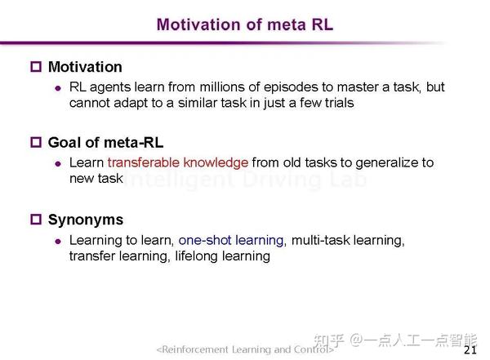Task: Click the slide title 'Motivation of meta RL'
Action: coord(245,24)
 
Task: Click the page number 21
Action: coord(470,350)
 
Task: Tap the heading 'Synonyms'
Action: coord(86,220)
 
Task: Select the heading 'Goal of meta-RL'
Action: coord(99,142)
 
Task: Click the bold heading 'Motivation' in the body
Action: coord(85,67)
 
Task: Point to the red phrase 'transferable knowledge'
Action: coord(177,162)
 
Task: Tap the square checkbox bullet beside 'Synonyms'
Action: coord(35,220)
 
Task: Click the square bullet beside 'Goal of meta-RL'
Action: coord(35,142)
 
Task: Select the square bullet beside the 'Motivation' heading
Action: coord(35,67)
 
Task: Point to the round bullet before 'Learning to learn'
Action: coord(57,242)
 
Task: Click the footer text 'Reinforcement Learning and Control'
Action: coord(245,349)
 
